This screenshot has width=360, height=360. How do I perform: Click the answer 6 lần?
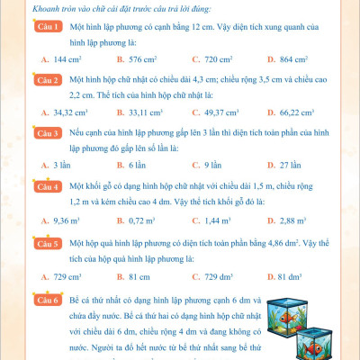[x=136, y=166]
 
